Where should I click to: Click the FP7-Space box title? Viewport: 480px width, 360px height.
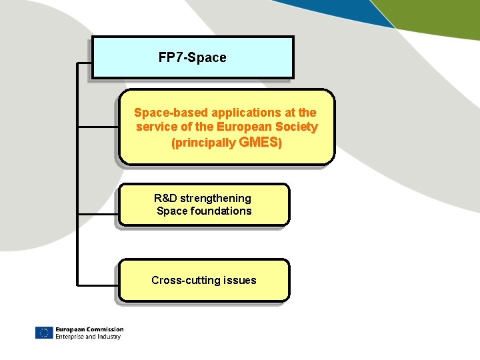tap(192, 58)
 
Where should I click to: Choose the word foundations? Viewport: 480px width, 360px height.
tap(221, 211)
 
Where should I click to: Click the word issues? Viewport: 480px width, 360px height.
tap(240, 280)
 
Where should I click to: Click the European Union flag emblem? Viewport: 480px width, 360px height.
tap(43, 333)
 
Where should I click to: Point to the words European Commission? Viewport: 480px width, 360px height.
tap(89, 329)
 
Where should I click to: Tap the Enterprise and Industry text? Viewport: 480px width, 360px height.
tap(88, 337)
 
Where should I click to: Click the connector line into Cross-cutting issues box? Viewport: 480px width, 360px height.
tap(99, 281)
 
